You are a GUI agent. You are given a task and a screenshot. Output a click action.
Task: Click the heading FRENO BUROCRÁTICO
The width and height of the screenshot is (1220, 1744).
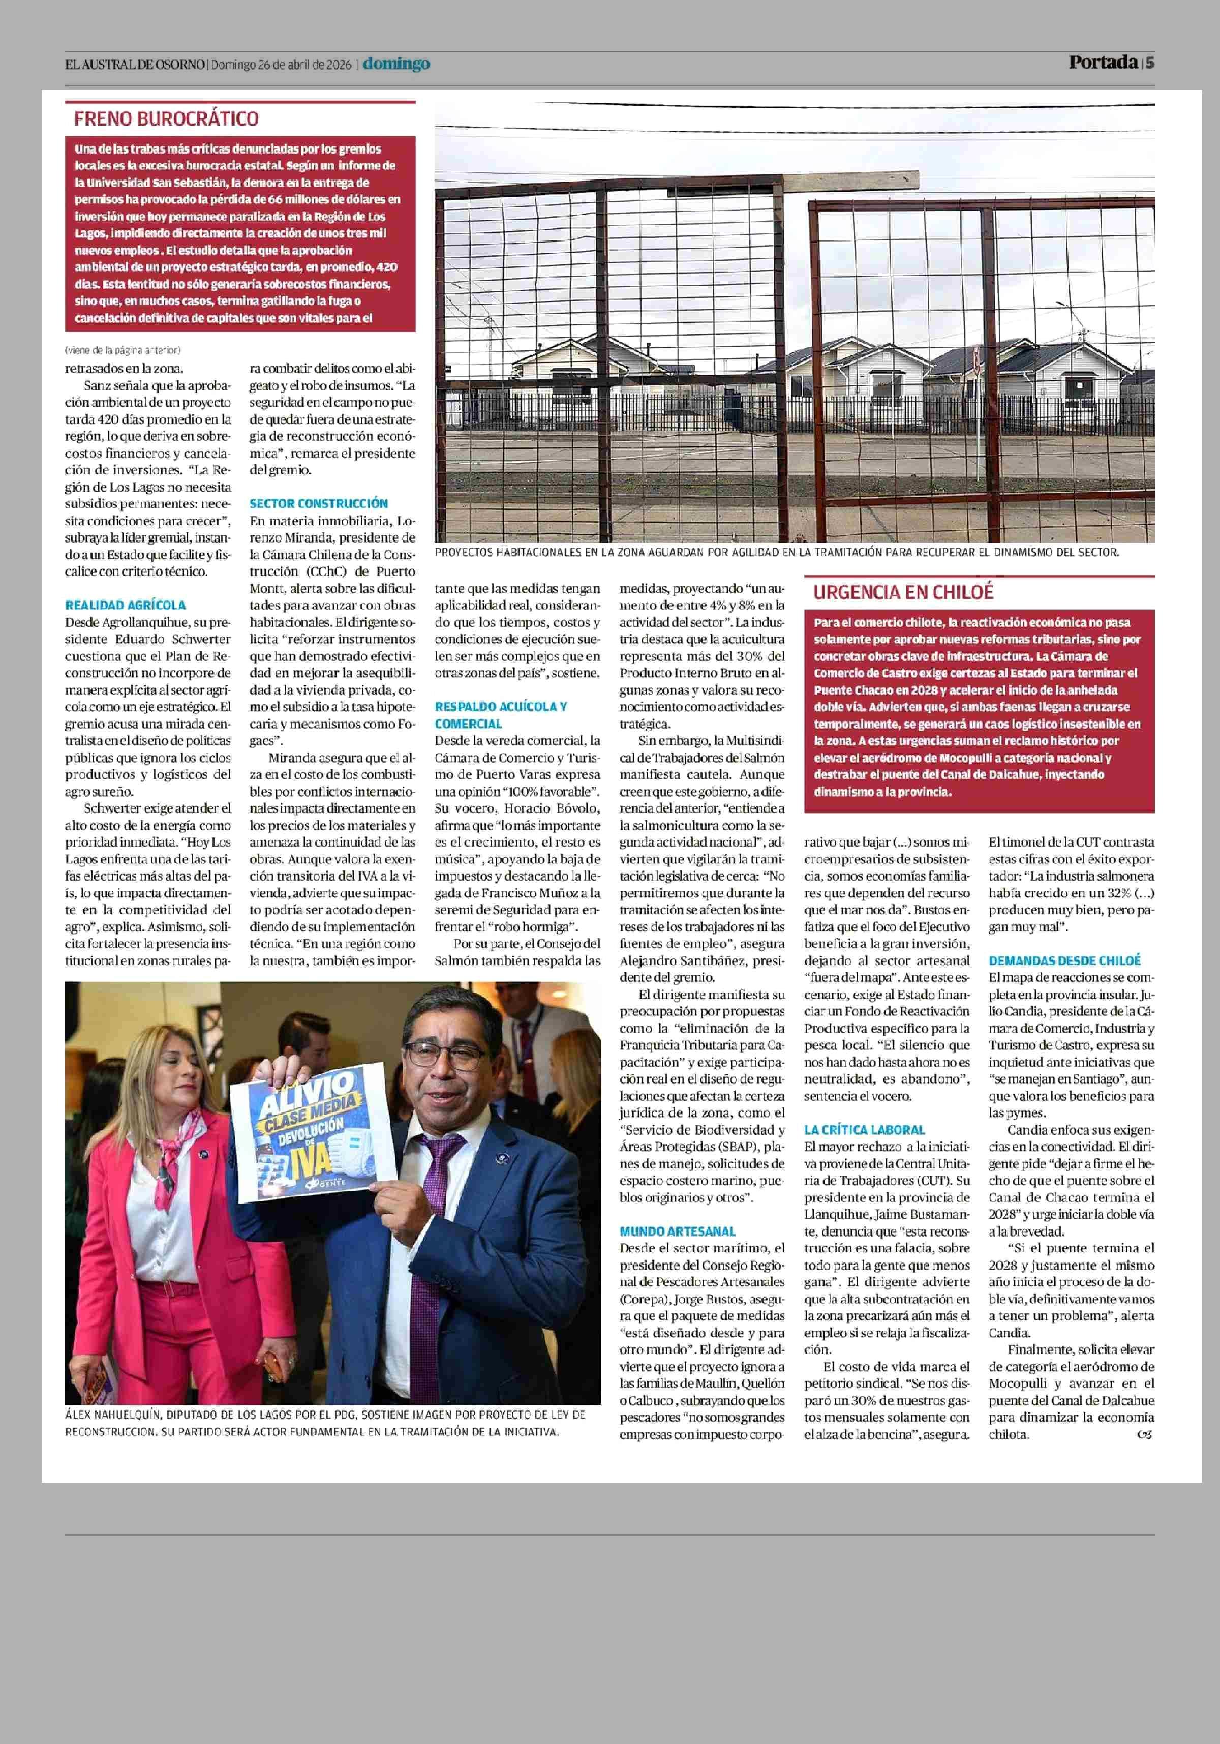pyautogui.click(x=166, y=118)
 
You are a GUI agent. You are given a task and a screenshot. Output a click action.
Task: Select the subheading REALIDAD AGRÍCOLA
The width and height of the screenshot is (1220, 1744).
pyautogui.click(x=125, y=606)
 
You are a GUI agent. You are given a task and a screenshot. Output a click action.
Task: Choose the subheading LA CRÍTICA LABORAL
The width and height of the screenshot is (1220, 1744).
pyautogui.click(x=865, y=1129)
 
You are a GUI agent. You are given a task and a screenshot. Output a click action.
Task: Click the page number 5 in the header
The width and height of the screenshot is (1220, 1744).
pyautogui.click(x=1150, y=62)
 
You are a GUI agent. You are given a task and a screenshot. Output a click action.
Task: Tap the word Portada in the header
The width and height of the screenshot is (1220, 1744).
pyautogui.click(x=1103, y=62)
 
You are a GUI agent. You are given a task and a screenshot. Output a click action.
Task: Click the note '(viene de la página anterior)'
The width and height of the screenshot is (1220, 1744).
pyautogui.click(x=122, y=350)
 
